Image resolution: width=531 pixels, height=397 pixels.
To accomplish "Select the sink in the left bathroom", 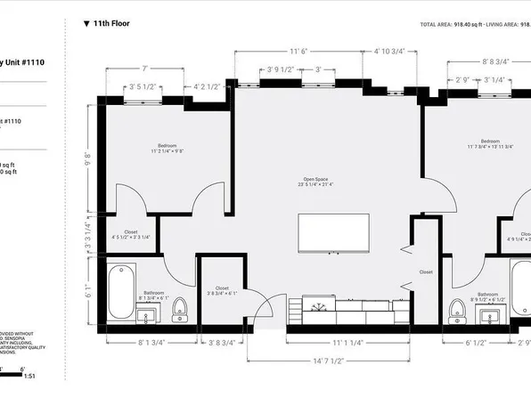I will click(149, 312).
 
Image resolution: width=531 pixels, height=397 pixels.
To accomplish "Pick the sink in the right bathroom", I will click(488, 312).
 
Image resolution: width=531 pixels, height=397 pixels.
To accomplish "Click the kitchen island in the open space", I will click(336, 234).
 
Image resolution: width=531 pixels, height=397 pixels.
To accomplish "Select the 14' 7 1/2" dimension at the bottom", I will click(330, 361).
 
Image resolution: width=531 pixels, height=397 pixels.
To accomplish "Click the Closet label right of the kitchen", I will click(425, 271).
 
